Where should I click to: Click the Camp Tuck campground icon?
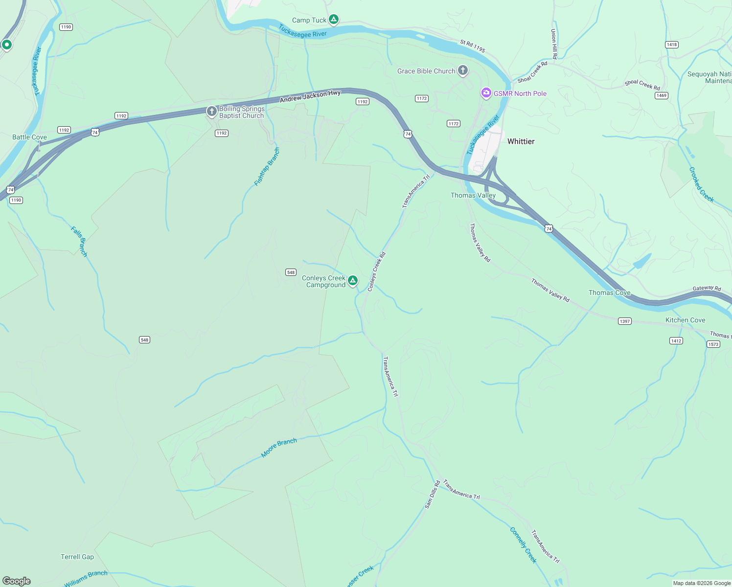click(x=334, y=20)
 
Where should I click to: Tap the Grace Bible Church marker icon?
click(x=462, y=70)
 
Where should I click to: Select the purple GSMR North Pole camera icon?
click(x=486, y=93)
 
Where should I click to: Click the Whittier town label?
click(x=521, y=141)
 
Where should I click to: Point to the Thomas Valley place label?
click(x=473, y=195)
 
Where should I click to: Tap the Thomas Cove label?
click(x=609, y=293)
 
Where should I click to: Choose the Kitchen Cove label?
click(x=685, y=320)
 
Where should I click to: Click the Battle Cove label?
click(x=29, y=137)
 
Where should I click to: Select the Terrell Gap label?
click(x=77, y=557)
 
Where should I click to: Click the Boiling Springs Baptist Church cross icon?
click(x=211, y=112)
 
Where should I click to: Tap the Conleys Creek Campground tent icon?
click(x=352, y=281)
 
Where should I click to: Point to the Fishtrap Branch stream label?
click(x=267, y=167)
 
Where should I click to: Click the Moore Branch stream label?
click(x=279, y=448)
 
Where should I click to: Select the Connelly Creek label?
click(x=523, y=545)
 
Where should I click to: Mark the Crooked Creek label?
click(x=701, y=185)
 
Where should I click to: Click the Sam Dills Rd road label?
click(x=432, y=494)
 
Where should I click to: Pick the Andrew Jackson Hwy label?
click(x=310, y=96)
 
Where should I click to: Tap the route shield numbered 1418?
click(x=672, y=45)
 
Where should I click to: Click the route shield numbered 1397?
click(x=625, y=321)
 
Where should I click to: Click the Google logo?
click(x=17, y=581)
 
